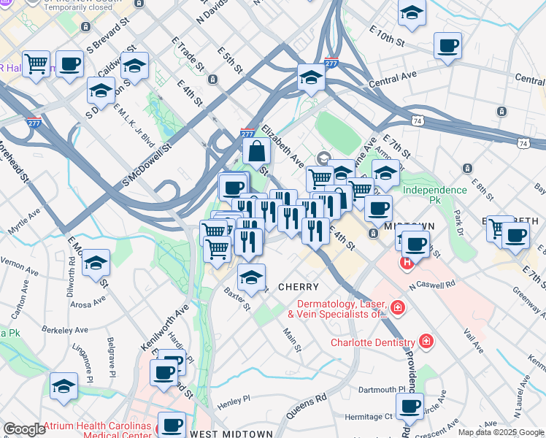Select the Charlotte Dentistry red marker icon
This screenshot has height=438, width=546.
pos(426,342)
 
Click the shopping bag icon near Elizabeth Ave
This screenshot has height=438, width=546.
pos(257,152)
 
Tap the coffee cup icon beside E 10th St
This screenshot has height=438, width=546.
pos(447,46)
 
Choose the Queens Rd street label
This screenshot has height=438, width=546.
pos(305,407)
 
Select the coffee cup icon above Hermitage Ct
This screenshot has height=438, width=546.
pos(409,405)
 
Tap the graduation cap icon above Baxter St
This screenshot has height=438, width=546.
pos(251,277)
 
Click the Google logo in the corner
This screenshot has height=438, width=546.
pos(24,429)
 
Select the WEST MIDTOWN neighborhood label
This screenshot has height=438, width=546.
pos(231,434)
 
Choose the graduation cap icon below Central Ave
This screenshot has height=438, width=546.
pos(311,77)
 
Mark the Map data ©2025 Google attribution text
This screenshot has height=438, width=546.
pos(500,432)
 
